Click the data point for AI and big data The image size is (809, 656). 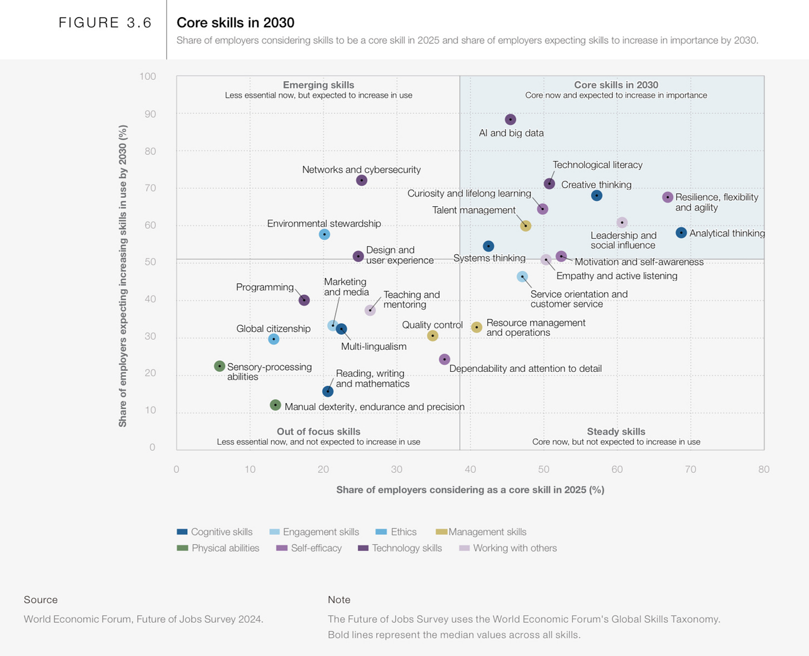[511, 119]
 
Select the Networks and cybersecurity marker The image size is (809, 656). [362, 180]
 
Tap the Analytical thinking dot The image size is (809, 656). [681, 233]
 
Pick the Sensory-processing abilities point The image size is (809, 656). [219, 366]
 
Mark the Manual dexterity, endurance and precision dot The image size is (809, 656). [275, 405]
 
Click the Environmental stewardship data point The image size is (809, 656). [324, 235]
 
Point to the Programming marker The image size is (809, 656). [304, 300]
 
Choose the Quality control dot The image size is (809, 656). [433, 336]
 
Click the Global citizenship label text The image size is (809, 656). [273, 329]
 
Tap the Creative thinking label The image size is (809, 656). [596, 185]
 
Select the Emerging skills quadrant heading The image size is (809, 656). [318, 85]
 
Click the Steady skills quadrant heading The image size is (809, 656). [616, 431]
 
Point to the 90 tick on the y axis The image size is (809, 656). [150, 114]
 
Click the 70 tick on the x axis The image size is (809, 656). [690, 469]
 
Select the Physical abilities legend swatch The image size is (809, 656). [182, 548]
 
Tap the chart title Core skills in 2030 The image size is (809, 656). [236, 23]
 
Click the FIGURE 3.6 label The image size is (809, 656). [106, 23]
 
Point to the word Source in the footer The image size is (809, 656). [41, 599]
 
